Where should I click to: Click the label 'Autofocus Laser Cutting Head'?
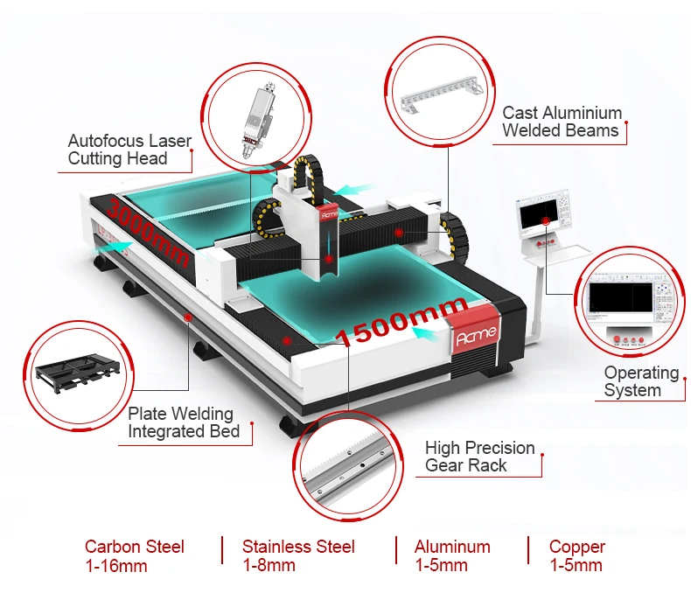[129, 150]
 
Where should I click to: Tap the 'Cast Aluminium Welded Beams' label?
[562, 122]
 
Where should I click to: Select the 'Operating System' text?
[641, 381]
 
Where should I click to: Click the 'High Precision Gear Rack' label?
[479, 457]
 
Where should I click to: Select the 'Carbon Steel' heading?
[135, 547]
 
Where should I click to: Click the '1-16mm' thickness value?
[115, 566]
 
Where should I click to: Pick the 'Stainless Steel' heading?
[298, 547]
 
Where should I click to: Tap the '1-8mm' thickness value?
[269, 566]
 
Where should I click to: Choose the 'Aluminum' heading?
[452, 547]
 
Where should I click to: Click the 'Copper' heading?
[576, 547]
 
